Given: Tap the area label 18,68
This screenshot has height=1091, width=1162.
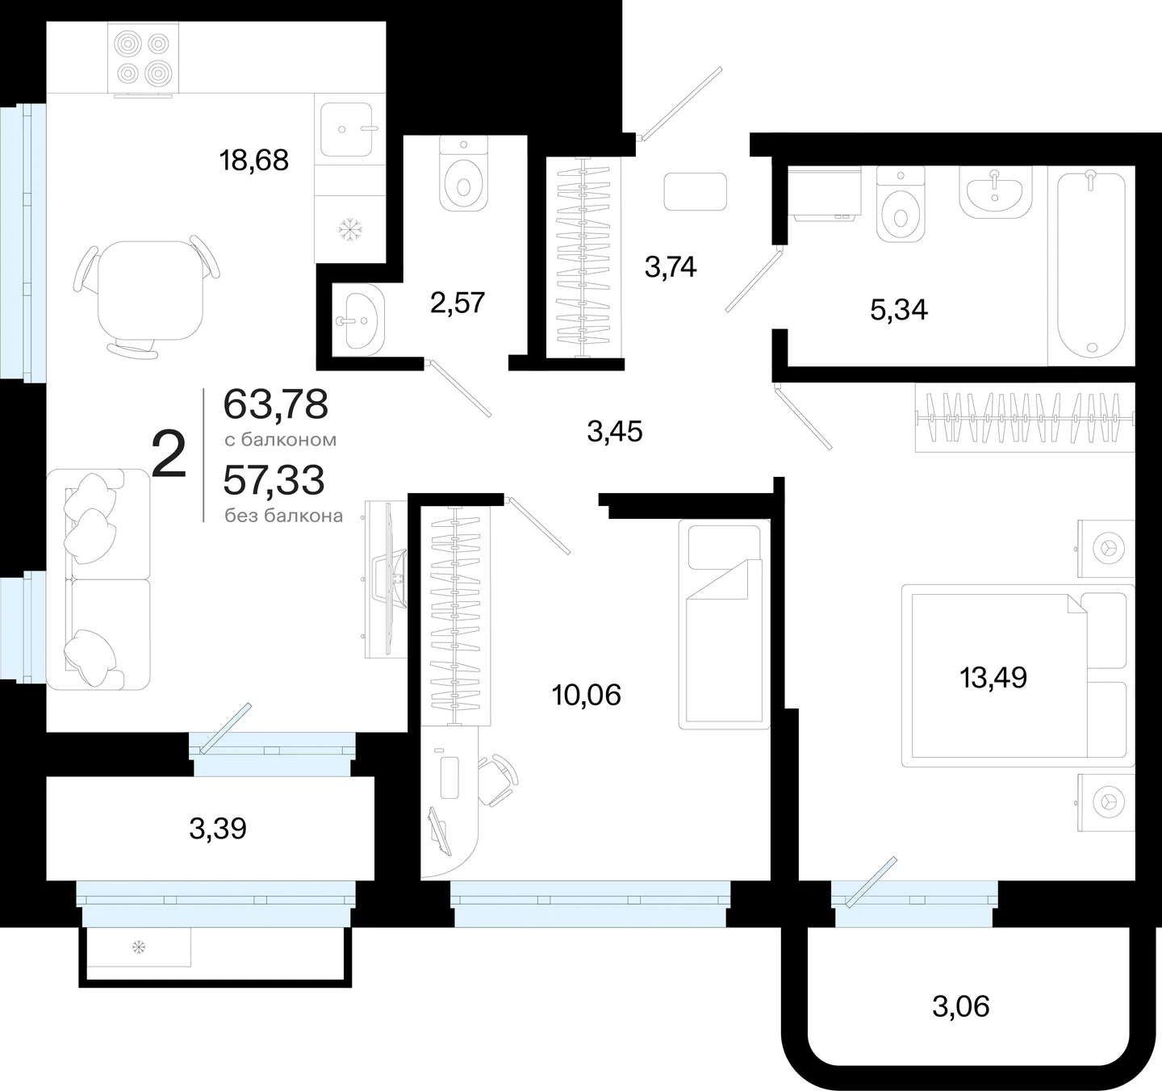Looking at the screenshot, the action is coord(254,160).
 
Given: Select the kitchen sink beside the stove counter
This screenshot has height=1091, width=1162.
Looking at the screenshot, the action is coord(346,129).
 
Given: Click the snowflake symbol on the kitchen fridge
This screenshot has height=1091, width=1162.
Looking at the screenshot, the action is coord(350,229).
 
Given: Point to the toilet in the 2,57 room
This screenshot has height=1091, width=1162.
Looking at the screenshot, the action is coord(463,173).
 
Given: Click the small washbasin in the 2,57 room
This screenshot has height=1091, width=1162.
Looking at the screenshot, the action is coord(358,320).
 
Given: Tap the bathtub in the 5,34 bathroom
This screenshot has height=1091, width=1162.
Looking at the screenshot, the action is coord(1091,265).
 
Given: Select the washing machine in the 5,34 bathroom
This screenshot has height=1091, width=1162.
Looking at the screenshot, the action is coord(824,192).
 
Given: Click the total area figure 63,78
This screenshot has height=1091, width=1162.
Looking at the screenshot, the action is coord(276,404).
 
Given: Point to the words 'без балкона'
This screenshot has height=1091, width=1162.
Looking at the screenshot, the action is coord(284,516).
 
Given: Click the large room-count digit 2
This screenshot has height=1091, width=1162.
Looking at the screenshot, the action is coord(169,454).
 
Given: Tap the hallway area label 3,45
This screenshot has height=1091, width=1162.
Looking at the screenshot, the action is coord(614,432).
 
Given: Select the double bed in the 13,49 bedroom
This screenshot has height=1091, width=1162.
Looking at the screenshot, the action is coord(1018,675).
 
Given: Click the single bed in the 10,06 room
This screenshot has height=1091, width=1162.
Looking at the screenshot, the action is coord(725,624).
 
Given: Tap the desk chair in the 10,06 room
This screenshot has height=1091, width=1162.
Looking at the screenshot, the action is coord(497,780).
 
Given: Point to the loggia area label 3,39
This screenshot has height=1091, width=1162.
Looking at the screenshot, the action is coord(218,829).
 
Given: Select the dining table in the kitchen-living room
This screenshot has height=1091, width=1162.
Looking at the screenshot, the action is coord(150,291).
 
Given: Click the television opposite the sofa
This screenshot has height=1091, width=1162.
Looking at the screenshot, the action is coord(390,579).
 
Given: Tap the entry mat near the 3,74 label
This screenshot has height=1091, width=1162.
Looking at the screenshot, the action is coord(695,190).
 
